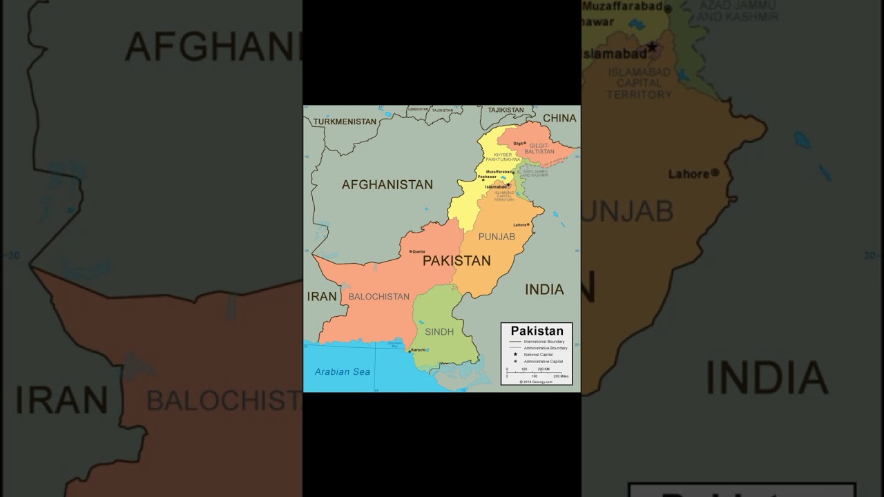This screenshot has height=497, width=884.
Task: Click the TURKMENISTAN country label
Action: (345, 121)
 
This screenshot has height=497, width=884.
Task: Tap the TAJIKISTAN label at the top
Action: (506, 110)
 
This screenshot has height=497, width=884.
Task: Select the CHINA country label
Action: (559, 118)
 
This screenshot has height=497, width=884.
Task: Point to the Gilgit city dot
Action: (524, 143)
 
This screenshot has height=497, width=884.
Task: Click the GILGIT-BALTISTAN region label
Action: (539, 148)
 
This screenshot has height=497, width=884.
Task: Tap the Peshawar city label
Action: (487, 177)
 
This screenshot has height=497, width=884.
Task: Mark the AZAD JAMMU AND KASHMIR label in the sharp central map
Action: (535, 173)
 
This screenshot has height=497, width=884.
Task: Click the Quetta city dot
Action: (410, 251)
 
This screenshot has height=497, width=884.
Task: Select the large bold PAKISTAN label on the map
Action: (457, 260)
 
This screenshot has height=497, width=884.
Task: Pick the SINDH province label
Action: (439, 331)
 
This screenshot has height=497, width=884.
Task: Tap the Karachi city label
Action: (419, 350)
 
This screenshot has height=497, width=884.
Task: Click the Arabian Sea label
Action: (343, 371)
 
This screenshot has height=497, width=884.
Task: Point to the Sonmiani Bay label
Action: (395, 344)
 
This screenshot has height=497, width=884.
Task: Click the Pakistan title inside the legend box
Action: (537, 331)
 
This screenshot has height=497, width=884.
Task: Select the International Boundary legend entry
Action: (544, 342)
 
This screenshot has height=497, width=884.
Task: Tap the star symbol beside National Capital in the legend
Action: (515, 355)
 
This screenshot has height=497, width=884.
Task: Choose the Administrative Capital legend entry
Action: (543, 361)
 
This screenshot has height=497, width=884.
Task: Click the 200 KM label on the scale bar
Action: (544, 369)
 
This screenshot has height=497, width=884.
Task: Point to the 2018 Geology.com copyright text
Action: (537, 382)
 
